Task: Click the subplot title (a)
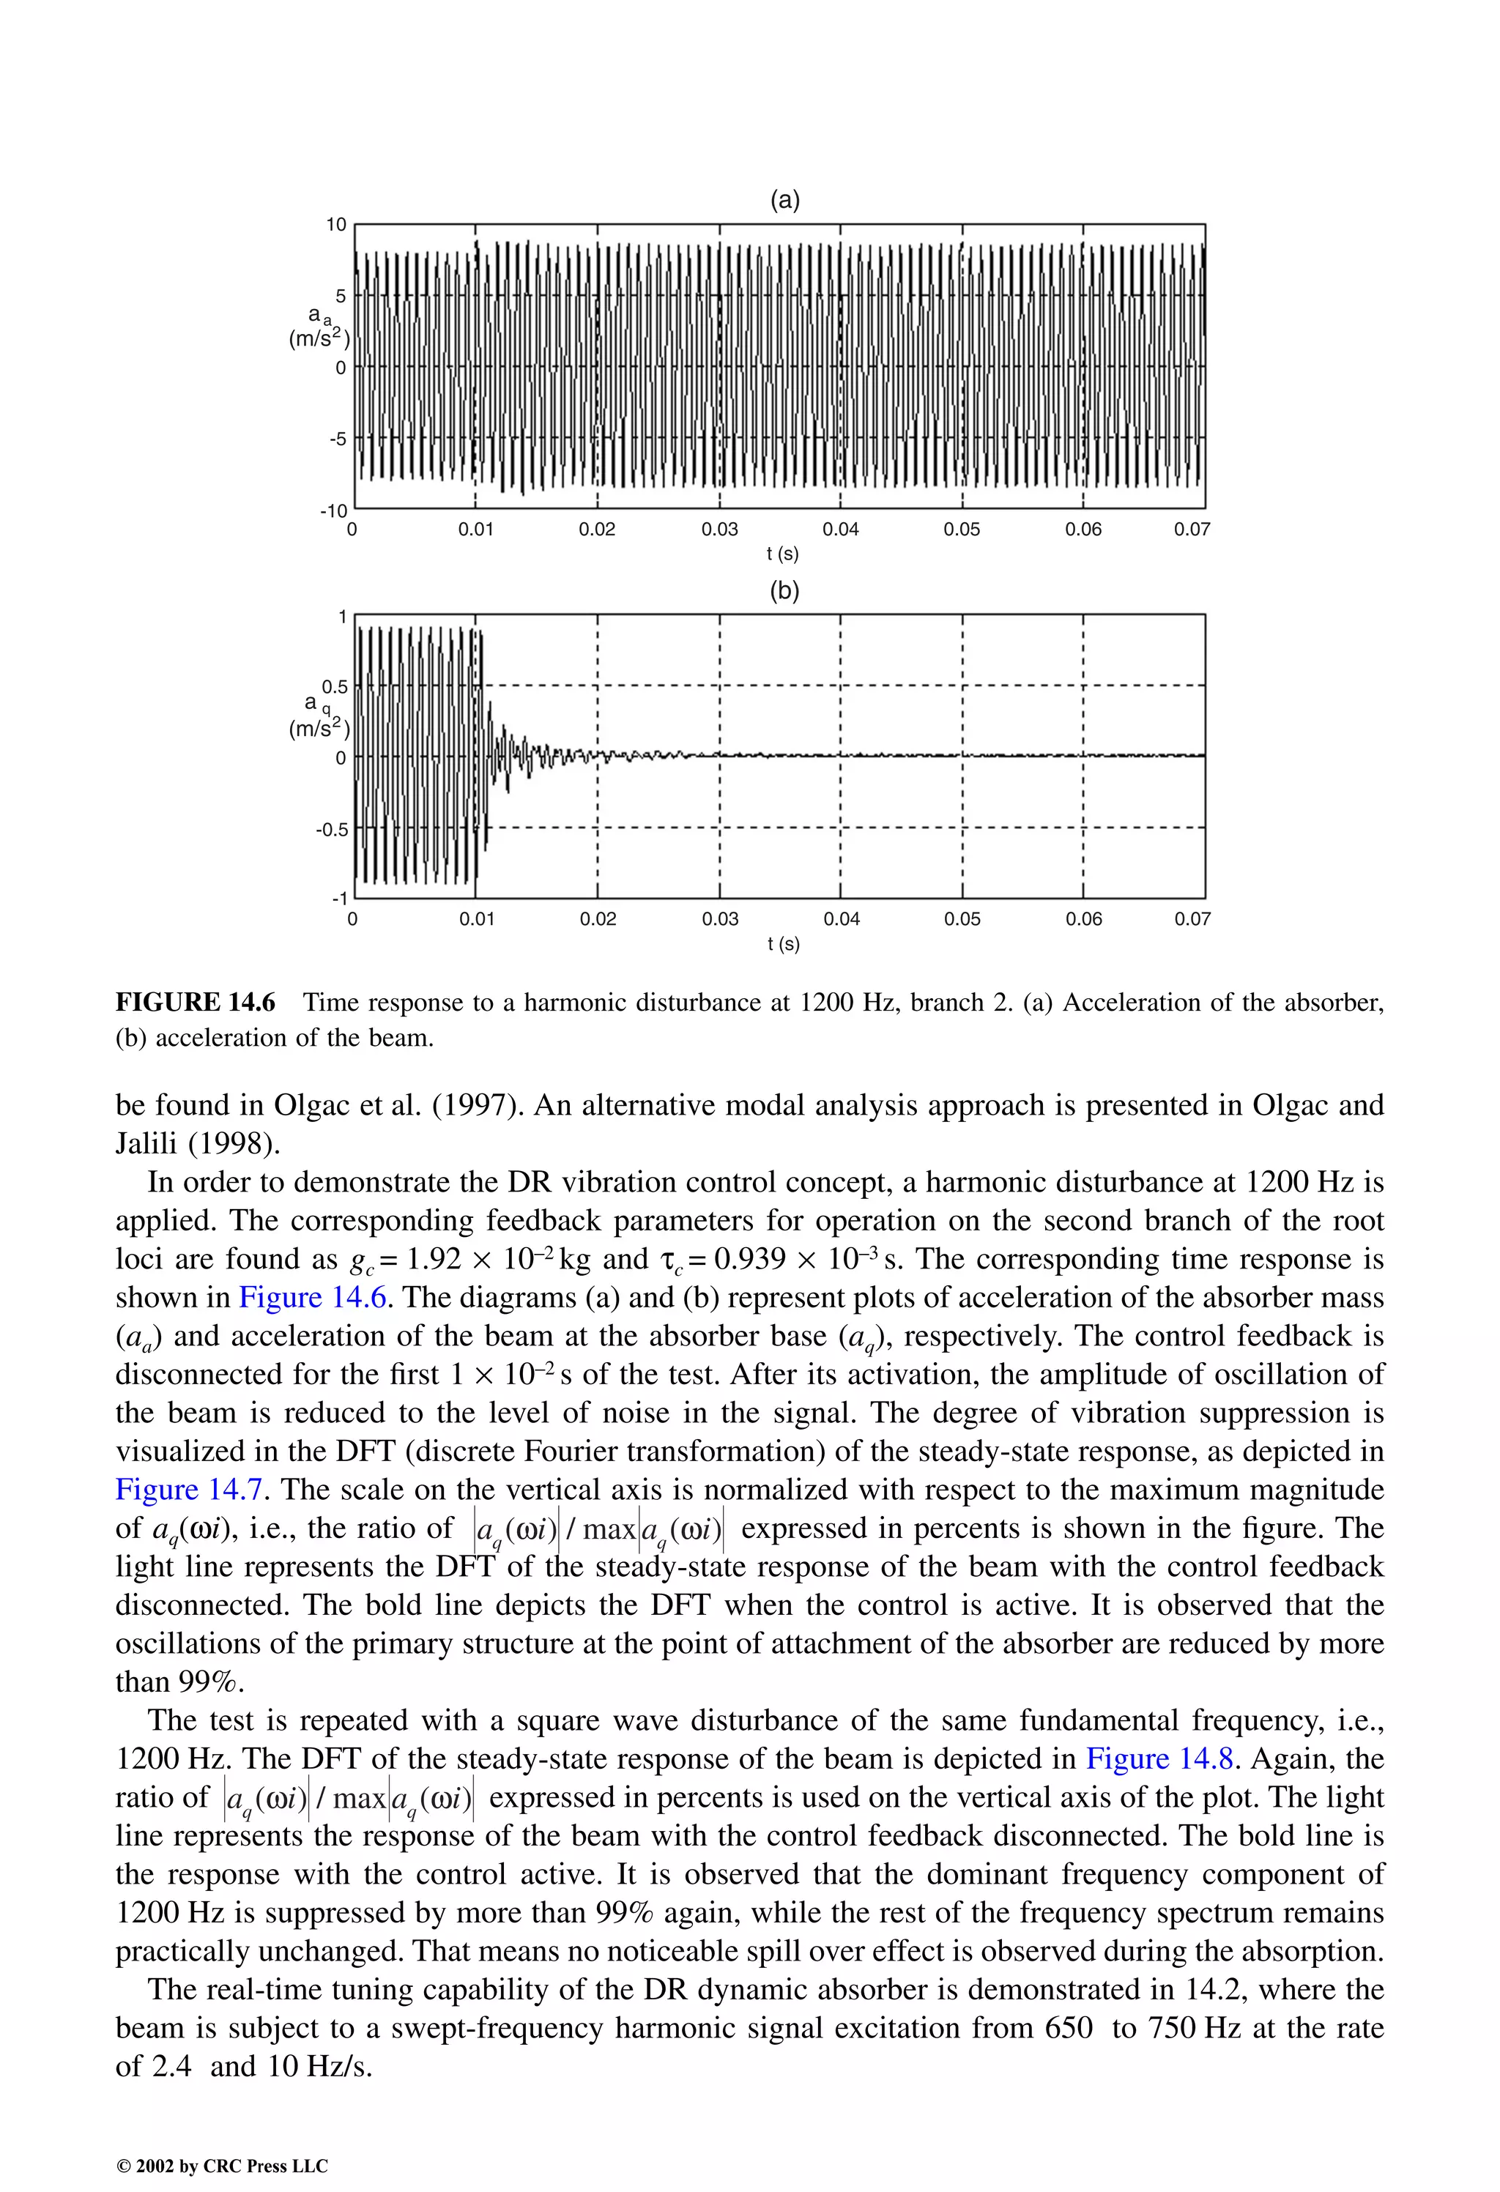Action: coord(785,200)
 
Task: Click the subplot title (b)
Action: coord(785,590)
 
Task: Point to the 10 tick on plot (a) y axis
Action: coord(337,225)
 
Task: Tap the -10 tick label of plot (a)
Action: coord(334,511)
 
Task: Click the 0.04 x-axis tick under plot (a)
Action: coord(841,529)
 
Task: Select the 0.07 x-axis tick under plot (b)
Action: coord(1192,918)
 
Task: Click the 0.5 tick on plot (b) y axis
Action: coord(335,687)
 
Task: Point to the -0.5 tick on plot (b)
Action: coord(331,829)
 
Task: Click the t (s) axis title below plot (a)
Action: coord(783,554)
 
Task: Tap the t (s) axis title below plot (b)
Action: coord(783,943)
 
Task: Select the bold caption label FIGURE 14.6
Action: coord(196,1003)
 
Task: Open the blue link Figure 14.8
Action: coord(1159,1759)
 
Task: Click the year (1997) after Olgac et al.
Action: coord(475,1105)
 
